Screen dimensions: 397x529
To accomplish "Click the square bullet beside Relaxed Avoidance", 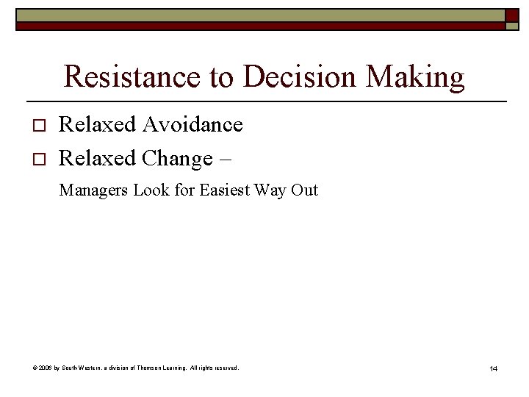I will point(40,126).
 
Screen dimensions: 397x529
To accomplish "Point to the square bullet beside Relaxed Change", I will point(40,160).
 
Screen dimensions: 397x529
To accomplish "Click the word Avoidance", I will point(192,125).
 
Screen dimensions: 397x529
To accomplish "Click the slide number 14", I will point(493,368).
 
